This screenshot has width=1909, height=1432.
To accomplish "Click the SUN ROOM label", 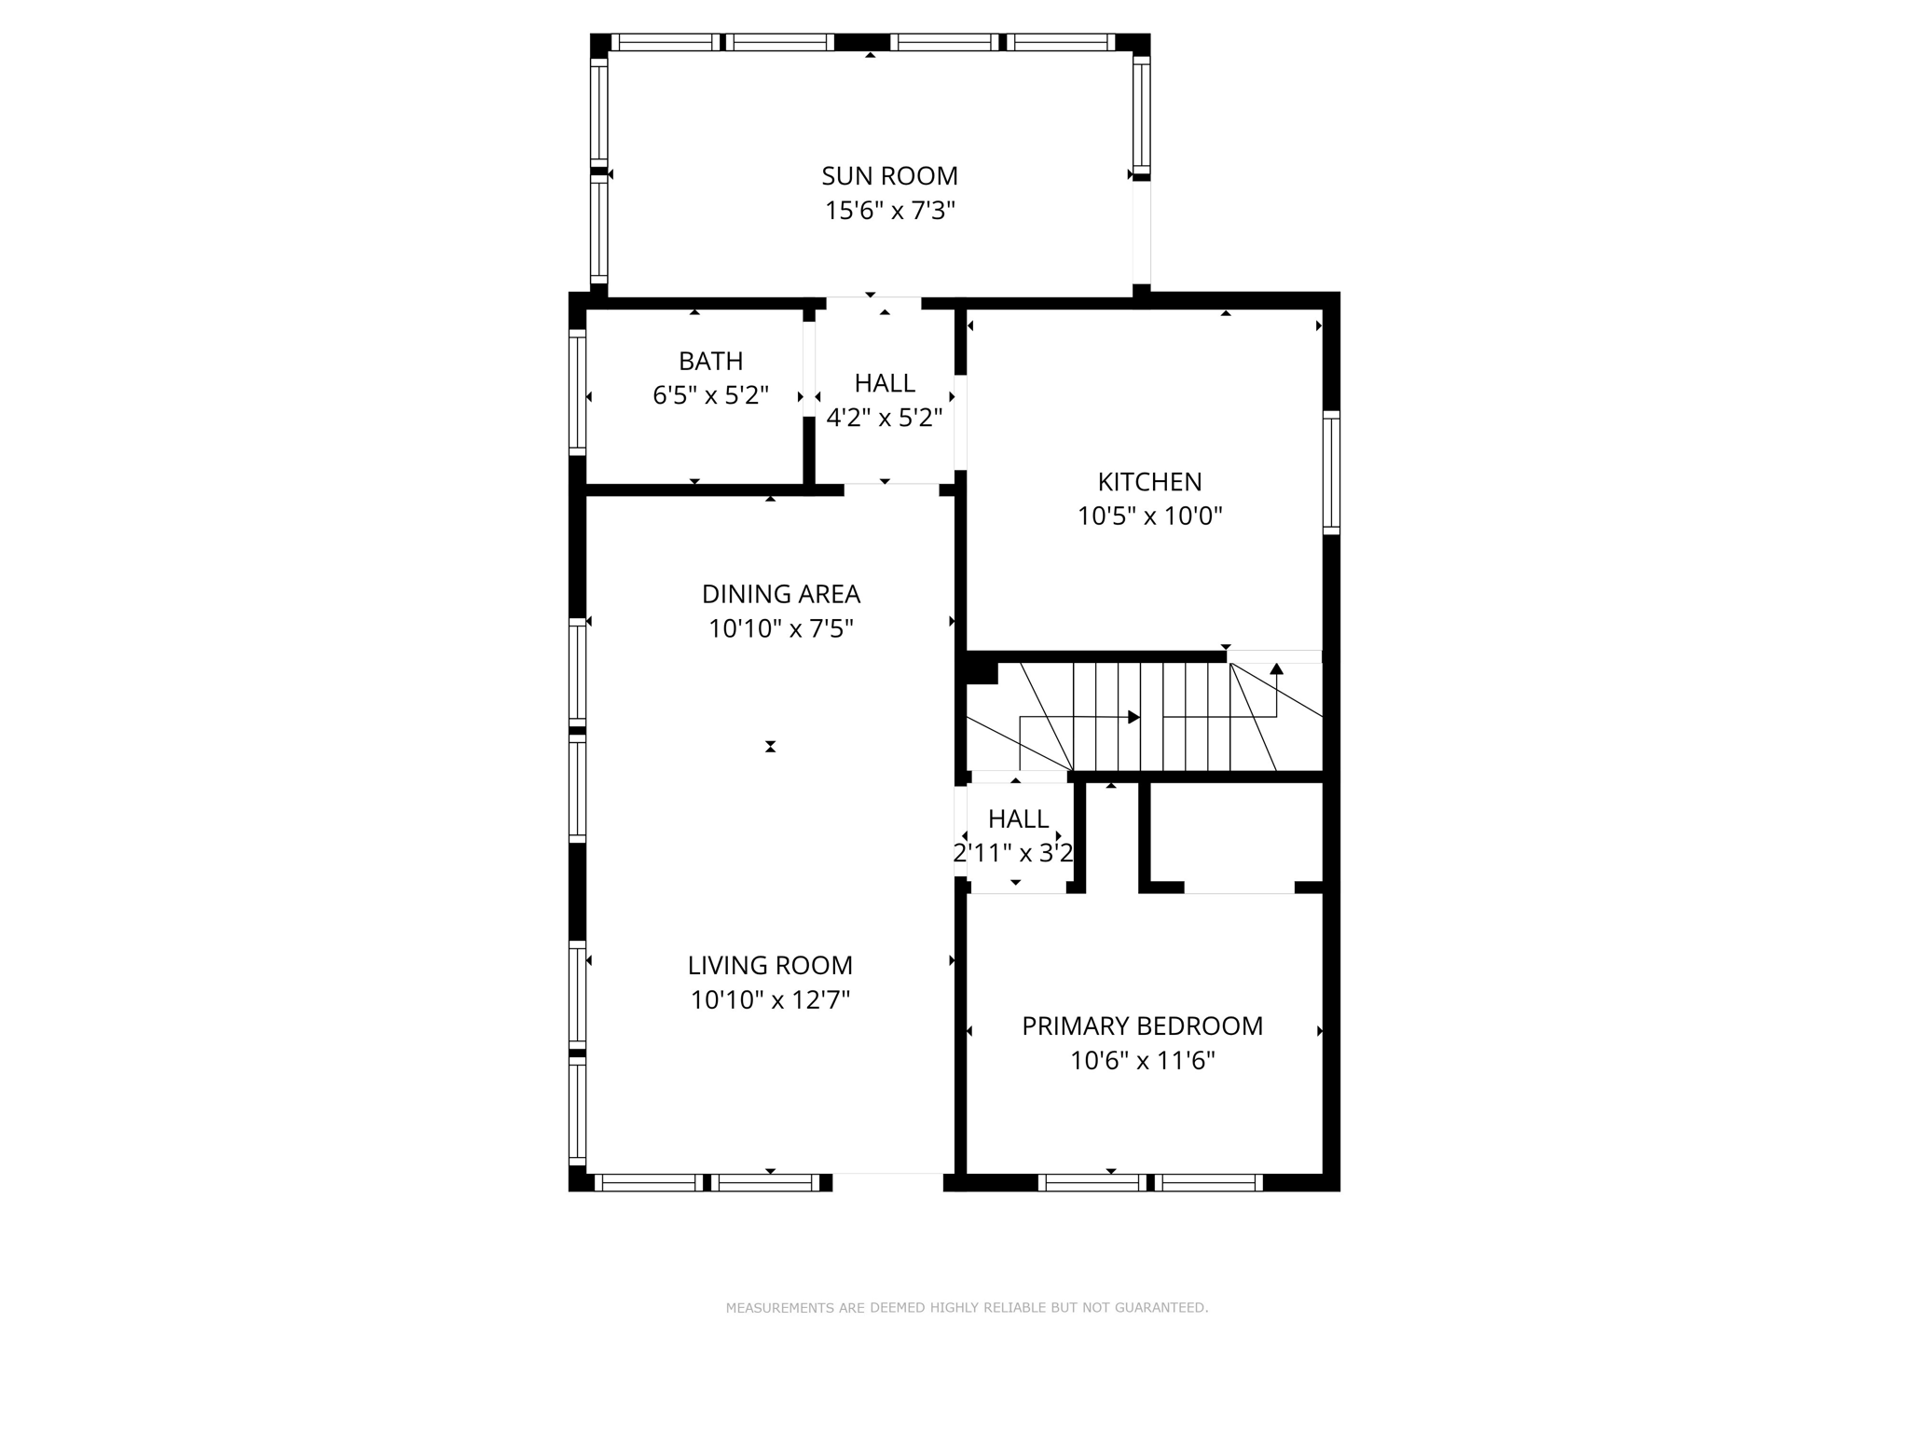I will click(889, 175).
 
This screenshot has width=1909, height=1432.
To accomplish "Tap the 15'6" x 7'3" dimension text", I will click(889, 211).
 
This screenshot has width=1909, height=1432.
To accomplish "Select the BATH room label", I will click(710, 361).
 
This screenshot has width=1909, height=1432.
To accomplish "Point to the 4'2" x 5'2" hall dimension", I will click(885, 418).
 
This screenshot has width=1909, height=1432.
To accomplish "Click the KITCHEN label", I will click(1149, 482).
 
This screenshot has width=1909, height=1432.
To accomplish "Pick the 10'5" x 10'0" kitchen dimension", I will click(1149, 516).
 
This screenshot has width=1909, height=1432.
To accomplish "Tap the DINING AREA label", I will click(780, 594).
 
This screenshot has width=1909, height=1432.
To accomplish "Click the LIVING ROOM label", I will click(770, 965).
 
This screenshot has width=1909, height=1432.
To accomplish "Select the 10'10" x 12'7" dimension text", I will click(770, 1000).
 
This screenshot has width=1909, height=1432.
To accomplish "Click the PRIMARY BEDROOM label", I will click(1142, 1026).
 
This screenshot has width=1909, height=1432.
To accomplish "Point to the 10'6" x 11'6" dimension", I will click(1142, 1061).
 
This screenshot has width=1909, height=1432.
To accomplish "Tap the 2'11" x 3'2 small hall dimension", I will click(1013, 853).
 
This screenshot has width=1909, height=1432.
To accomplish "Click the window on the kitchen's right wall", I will click(1331, 473).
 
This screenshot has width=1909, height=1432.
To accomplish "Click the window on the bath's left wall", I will click(578, 392).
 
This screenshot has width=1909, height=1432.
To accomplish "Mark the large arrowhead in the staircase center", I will click(1133, 717).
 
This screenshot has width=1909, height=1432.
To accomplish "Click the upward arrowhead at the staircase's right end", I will click(1276, 668).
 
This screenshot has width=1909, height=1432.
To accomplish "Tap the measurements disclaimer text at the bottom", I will click(967, 1308).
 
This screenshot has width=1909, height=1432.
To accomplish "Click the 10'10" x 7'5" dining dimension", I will click(780, 629).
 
